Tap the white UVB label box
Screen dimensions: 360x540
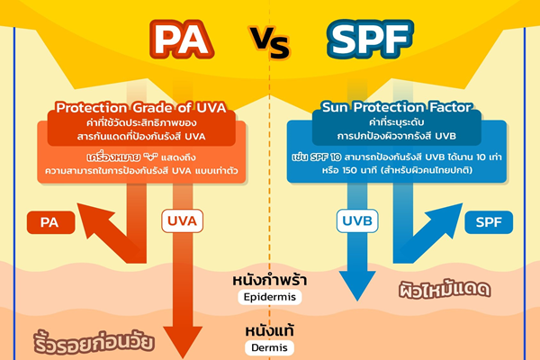[x=357, y=219]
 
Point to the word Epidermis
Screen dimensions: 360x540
[x=267, y=297]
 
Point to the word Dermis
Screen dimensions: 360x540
[x=267, y=347]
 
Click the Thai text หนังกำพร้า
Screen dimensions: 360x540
[x=267, y=280]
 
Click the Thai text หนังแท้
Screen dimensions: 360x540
[x=267, y=331]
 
